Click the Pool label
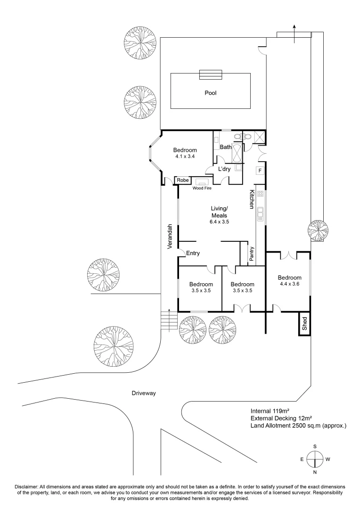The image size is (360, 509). (210, 93)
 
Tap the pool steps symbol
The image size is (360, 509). (210, 75)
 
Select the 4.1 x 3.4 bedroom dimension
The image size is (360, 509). (185, 156)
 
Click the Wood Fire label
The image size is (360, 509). (202, 188)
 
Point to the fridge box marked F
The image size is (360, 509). (260, 170)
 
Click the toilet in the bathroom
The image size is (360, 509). (245, 137)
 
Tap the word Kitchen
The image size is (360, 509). (252, 199)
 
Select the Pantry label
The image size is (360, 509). (252, 254)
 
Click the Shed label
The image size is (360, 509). (305, 324)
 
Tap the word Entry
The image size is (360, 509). (193, 253)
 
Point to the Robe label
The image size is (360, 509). (183, 180)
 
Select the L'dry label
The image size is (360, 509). (223, 169)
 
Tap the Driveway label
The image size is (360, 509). (144, 393)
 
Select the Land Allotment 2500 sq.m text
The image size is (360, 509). (298, 426)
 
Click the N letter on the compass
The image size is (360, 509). (314, 472)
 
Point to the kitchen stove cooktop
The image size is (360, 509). (260, 194)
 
